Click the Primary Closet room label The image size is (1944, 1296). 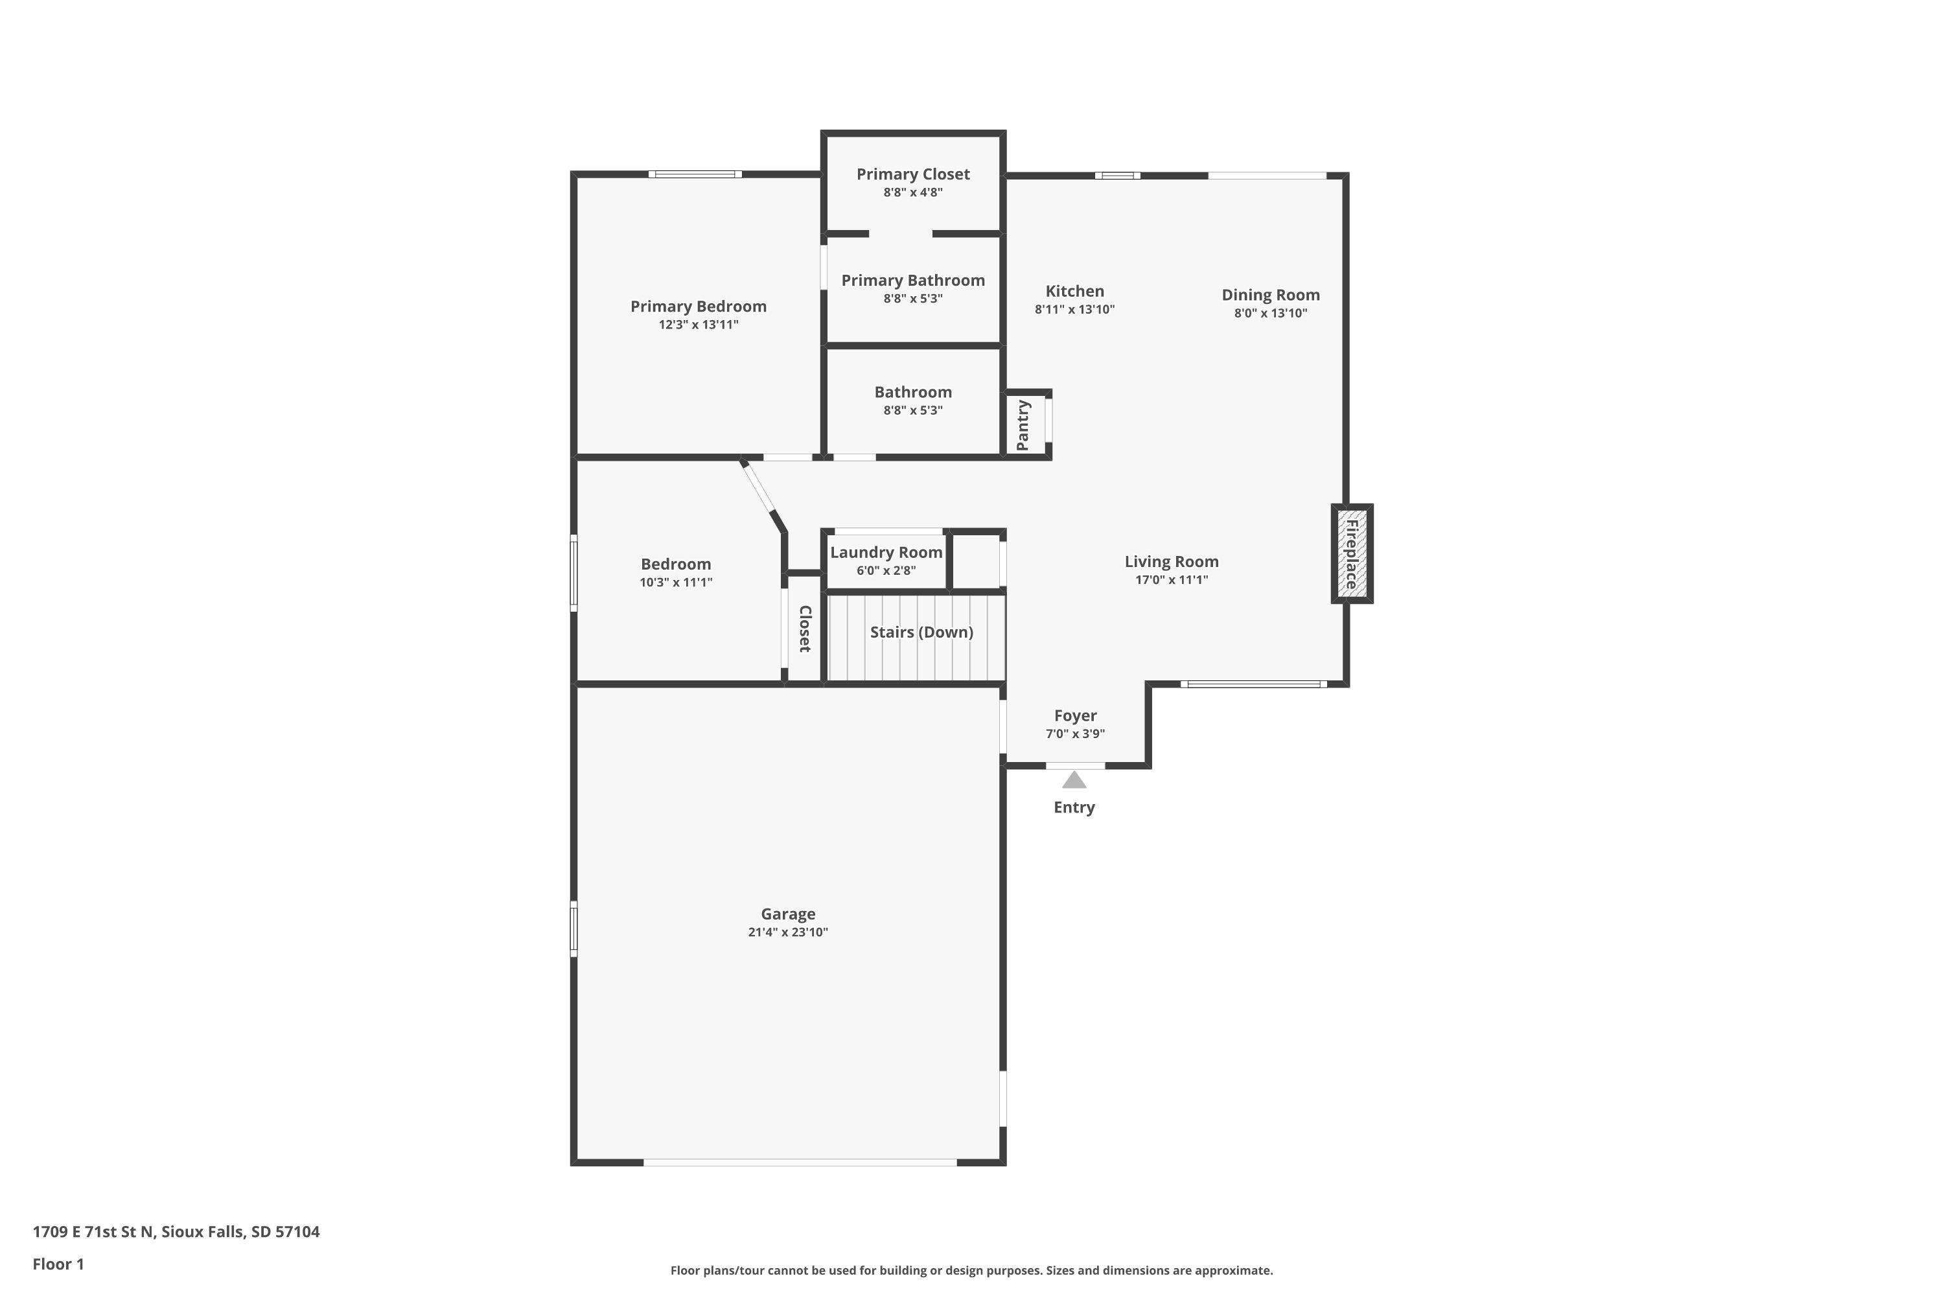pos(912,174)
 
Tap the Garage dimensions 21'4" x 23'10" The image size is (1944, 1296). pos(788,932)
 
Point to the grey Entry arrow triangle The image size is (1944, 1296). pos(1074,780)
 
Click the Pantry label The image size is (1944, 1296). pos(1023,425)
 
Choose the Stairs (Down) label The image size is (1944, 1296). pos(921,632)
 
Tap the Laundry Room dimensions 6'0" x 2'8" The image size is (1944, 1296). pos(886,570)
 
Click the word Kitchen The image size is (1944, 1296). pos(1074,291)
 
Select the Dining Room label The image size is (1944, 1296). pos(1270,295)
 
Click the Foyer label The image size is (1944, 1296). pos(1075,716)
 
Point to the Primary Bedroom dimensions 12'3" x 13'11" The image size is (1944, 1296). pos(699,325)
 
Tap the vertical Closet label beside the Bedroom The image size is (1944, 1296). pos(804,629)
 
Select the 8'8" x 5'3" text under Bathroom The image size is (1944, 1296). pos(912,410)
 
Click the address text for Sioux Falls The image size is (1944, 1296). pos(176,1232)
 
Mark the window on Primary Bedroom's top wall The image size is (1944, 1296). pos(695,174)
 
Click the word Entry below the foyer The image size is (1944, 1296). pos(1074,807)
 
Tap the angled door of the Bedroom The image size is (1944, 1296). pos(759,488)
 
